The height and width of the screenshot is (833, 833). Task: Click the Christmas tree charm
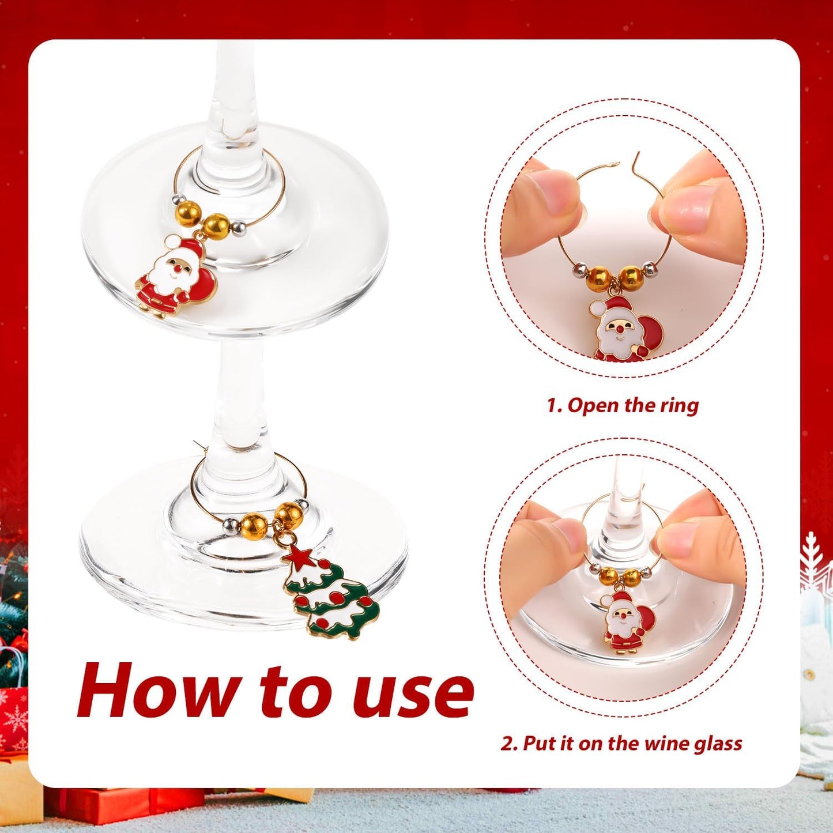click(331, 594)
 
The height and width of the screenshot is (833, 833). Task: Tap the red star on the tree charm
click(299, 556)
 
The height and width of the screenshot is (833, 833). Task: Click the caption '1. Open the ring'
click(623, 405)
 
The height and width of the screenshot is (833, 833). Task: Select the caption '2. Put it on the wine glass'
click(621, 744)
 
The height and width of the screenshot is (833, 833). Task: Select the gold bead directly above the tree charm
click(287, 512)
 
